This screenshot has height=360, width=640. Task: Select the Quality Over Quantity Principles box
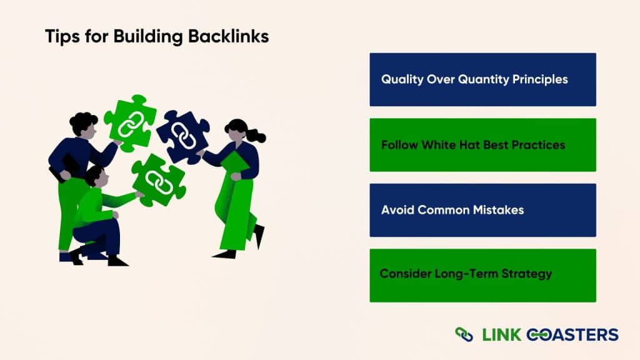click(482, 79)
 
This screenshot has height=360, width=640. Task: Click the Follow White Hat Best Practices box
click(482, 145)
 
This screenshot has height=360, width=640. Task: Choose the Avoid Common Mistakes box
click(482, 210)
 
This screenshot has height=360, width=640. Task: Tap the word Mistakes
click(496, 210)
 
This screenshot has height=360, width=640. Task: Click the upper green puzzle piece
click(129, 122)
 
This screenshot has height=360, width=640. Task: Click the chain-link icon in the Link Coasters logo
click(464, 334)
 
